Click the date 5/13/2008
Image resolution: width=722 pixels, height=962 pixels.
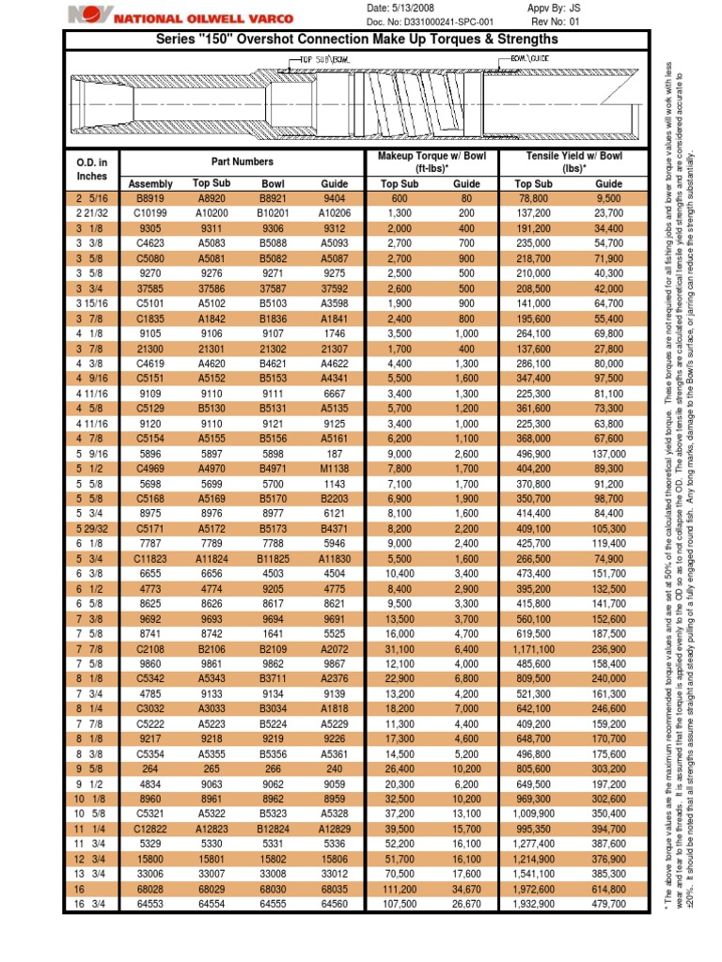pyautogui.click(x=421, y=8)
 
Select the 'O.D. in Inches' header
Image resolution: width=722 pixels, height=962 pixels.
pyautogui.click(x=92, y=169)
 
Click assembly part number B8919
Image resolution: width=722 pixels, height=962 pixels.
pyautogui.click(x=150, y=199)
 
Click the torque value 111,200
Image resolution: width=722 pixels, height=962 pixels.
pyautogui.click(x=400, y=889)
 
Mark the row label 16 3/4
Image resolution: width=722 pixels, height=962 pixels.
pyautogui.click(x=92, y=904)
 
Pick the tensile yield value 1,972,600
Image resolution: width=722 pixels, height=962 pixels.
pyautogui.click(x=534, y=889)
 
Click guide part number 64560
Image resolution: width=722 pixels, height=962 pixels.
pyautogui.click(x=334, y=904)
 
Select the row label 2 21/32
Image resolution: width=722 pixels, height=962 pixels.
pyautogui.click(x=92, y=213)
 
